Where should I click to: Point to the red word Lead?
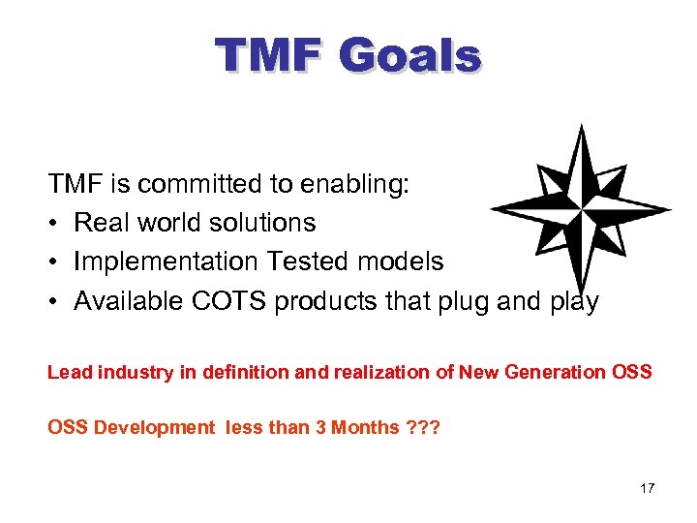tap(67, 373)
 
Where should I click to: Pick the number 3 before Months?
tap(320, 427)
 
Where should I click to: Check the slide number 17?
tap(647, 488)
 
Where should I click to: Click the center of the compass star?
tap(580, 208)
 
